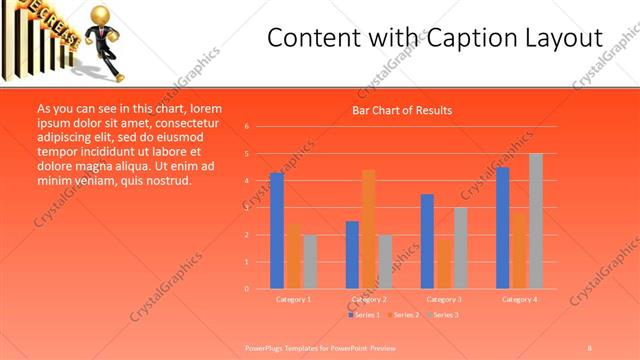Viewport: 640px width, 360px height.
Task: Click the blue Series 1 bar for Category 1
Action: tap(277, 231)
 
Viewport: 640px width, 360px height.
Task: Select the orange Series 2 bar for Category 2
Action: tap(368, 229)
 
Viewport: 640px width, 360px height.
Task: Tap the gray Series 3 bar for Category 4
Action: tap(536, 221)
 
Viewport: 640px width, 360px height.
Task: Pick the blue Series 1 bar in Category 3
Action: tap(427, 241)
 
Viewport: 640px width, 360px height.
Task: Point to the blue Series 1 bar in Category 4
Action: tap(502, 227)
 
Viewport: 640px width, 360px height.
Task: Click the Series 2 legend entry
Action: tap(404, 315)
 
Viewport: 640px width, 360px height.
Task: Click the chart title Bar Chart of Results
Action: tap(402, 110)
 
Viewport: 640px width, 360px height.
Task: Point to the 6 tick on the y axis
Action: tap(247, 127)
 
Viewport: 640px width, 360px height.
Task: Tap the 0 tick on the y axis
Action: tap(247, 289)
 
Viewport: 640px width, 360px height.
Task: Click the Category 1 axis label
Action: tap(293, 299)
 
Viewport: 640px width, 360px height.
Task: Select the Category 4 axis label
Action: tap(519, 299)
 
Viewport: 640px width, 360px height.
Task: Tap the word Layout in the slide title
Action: tap(559, 39)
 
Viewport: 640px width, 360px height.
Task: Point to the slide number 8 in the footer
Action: tap(589, 347)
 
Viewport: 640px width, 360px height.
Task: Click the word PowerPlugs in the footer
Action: tap(263, 347)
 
